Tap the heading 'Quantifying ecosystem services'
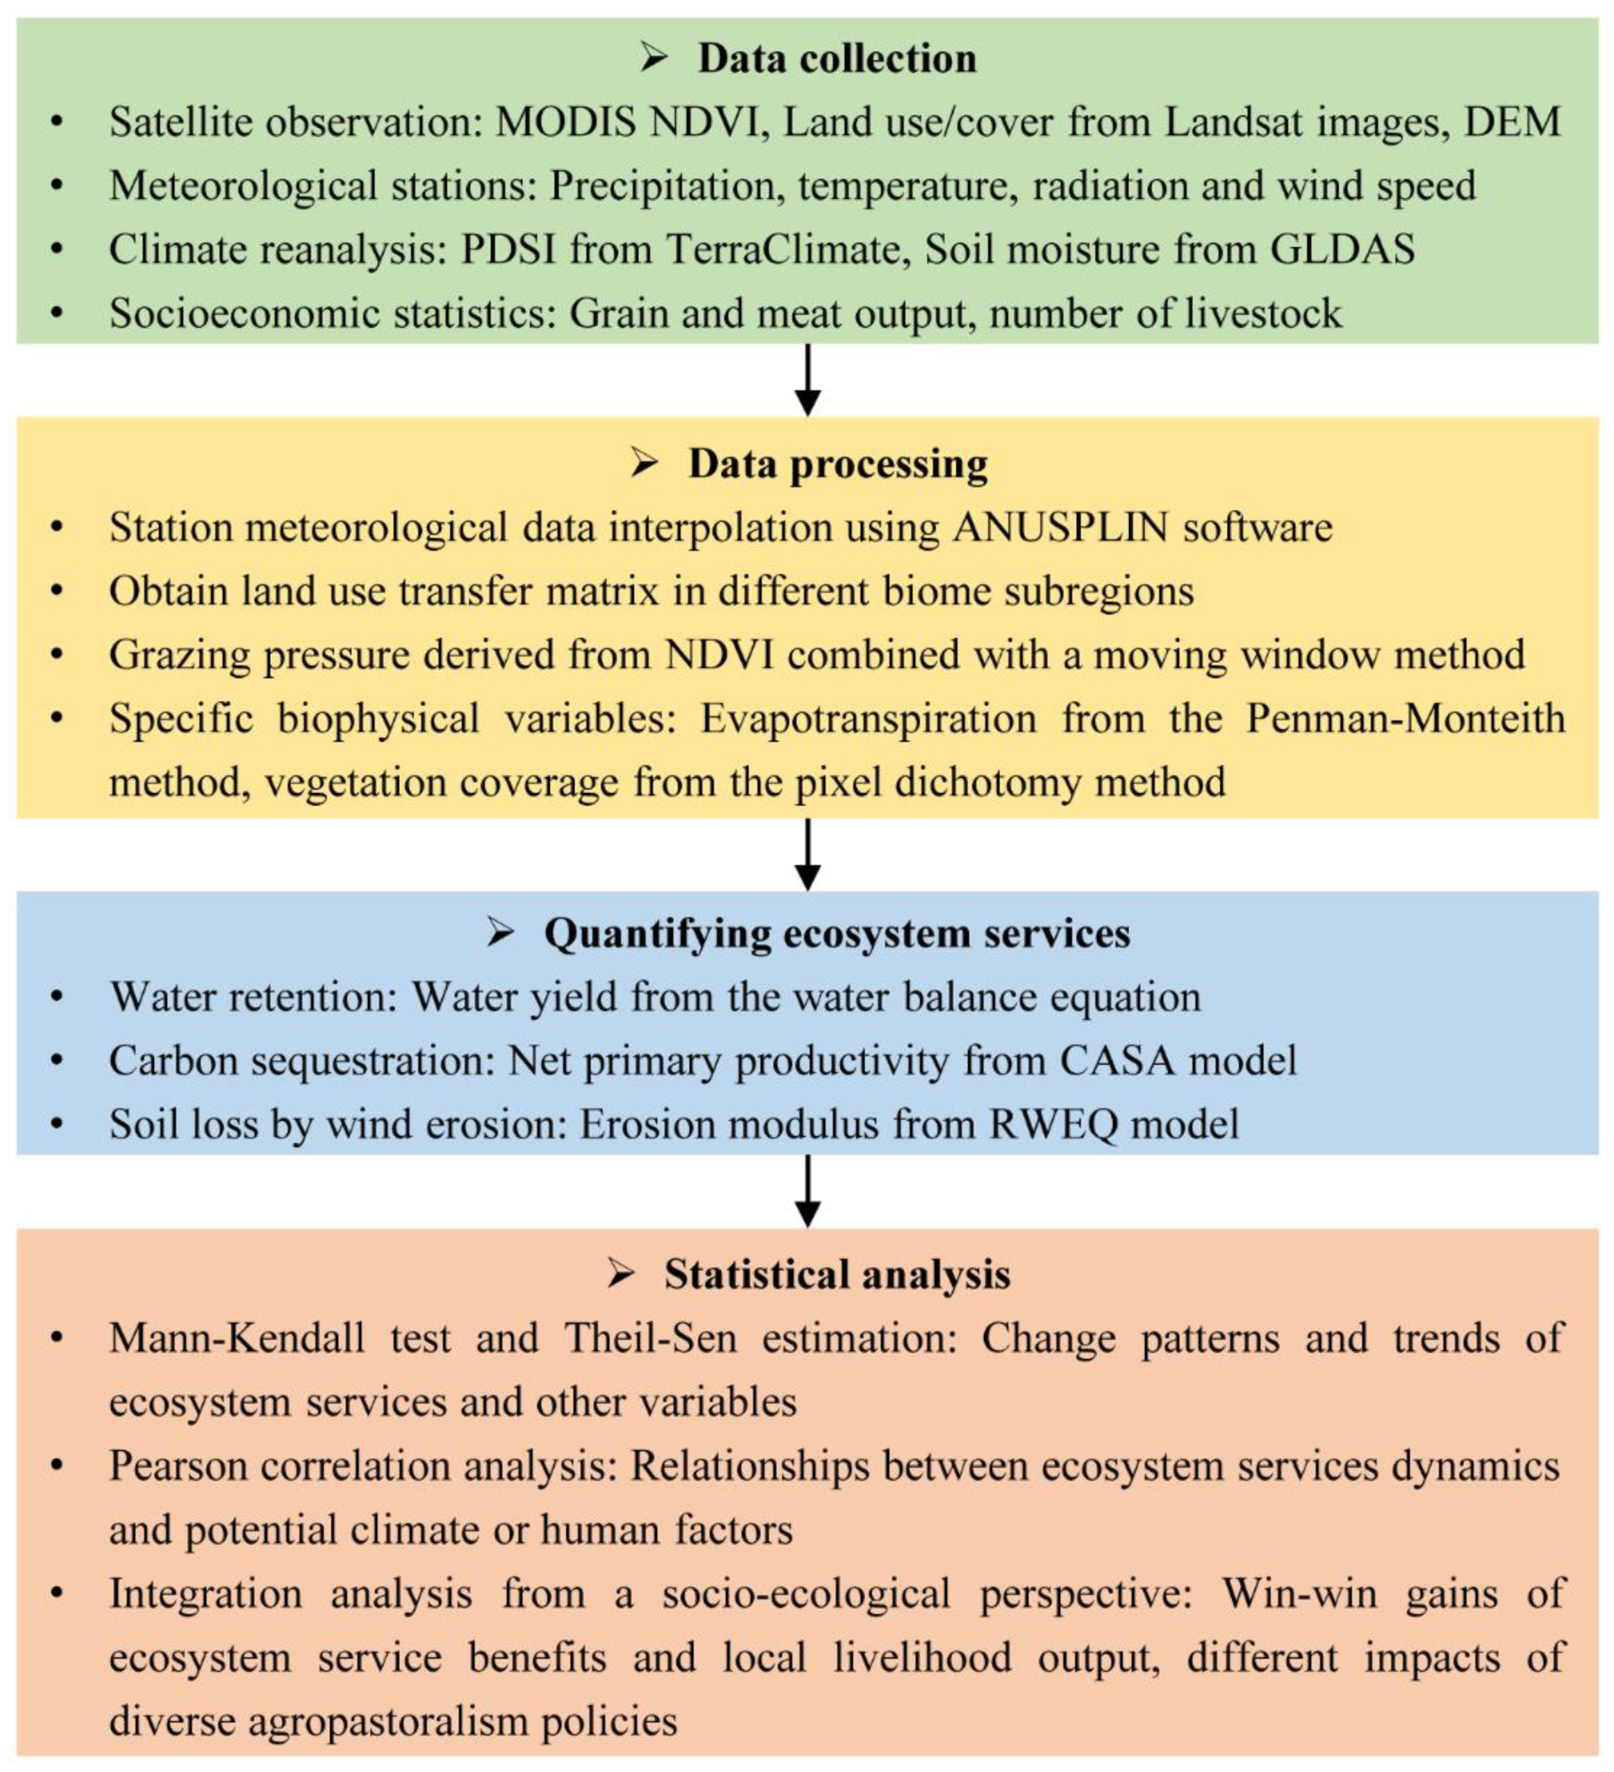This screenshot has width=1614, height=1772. (x=836, y=933)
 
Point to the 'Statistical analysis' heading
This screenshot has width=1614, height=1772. (x=836, y=1273)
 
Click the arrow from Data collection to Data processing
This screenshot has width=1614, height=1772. (x=807, y=379)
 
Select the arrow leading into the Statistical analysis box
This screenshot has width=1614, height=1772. (x=807, y=1191)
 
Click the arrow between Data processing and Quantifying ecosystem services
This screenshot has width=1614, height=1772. (x=807, y=855)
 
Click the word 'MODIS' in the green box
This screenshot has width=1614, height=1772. (x=565, y=122)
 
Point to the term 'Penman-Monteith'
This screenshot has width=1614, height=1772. (x=1405, y=718)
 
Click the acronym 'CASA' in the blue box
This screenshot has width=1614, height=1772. (x=1116, y=1060)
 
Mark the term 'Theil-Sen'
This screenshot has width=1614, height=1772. (x=650, y=1339)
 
